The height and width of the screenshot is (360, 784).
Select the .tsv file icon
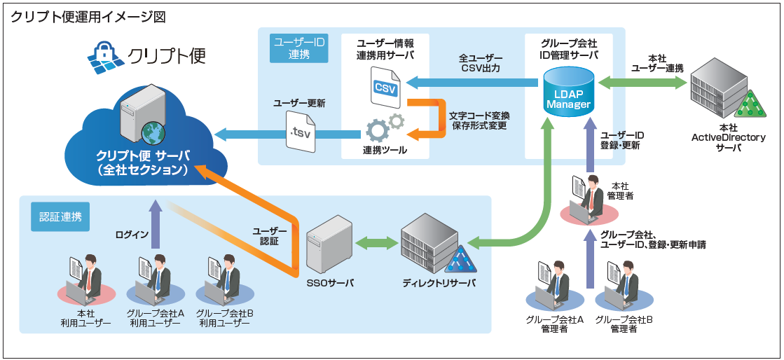[x=301, y=131]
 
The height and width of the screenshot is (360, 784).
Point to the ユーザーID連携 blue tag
[x=298, y=48]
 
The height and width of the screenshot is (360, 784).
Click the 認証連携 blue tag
[x=60, y=216]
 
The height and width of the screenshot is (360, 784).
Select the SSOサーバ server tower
[x=327, y=244]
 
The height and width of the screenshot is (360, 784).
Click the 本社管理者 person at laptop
[x=588, y=200]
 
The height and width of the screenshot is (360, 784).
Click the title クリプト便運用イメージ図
[x=88, y=17]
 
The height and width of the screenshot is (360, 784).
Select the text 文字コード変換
[x=479, y=115]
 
